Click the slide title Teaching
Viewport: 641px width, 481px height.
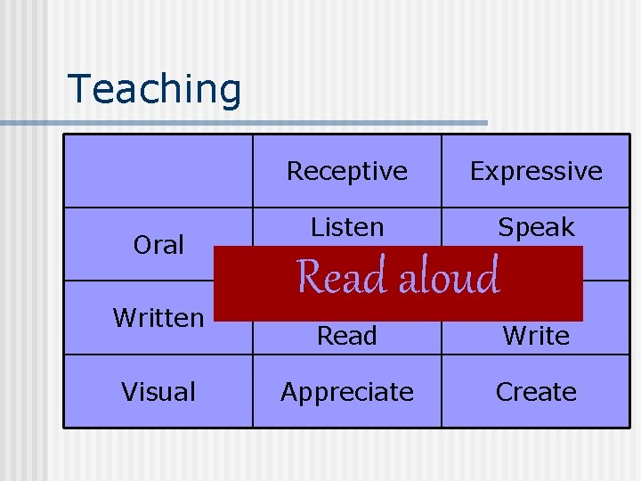click(x=154, y=89)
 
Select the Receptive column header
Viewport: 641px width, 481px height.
click(x=346, y=171)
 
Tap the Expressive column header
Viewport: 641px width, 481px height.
click(x=536, y=171)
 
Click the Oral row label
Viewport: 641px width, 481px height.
click(x=158, y=245)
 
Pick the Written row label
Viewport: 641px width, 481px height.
click(x=158, y=318)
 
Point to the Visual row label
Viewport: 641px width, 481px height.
click(x=158, y=392)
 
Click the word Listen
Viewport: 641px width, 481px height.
click(x=346, y=228)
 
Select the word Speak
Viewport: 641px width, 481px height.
click(x=536, y=228)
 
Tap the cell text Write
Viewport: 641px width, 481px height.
click(x=536, y=336)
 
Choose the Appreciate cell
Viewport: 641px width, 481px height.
click(x=346, y=392)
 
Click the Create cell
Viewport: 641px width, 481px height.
click(x=536, y=392)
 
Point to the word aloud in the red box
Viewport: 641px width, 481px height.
click(x=449, y=277)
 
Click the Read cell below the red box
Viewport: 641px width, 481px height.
click(x=346, y=336)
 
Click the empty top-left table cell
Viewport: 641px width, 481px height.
click(x=158, y=171)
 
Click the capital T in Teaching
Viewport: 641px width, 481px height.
click(x=79, y=88)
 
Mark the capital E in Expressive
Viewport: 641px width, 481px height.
click(x=477, y=171)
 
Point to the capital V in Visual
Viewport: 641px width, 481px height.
click(x=129, y=392)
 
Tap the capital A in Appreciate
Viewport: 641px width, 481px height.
click(x=289, y=392)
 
